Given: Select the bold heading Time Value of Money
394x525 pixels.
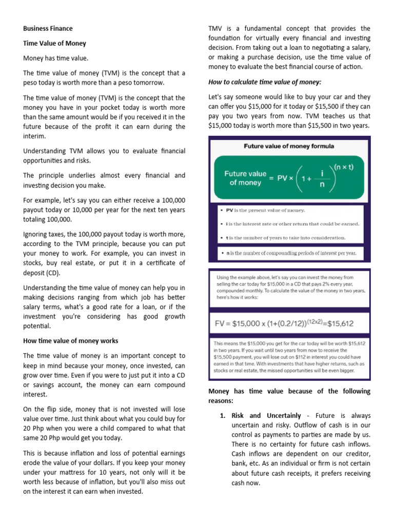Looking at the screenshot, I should tap(54, 44).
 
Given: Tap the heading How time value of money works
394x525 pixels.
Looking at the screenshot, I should tap(70, 340).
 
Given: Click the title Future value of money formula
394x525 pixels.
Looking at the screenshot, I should tap(288, 146).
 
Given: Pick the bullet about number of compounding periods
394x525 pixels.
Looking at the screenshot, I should tap(290, 252).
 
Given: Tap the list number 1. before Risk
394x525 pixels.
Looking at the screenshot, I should tap(223, 416).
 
